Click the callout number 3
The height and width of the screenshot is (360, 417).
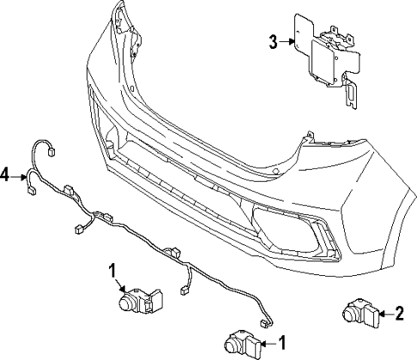pos(273,40)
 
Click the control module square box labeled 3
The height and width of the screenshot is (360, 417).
pos(324,62)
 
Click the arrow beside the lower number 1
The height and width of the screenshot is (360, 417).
pos(265,344)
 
